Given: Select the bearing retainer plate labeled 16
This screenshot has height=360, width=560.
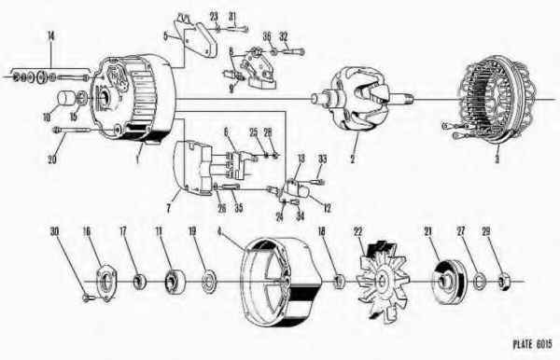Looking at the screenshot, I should pos(107,277).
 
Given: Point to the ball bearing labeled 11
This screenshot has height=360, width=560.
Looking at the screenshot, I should pos(172,278).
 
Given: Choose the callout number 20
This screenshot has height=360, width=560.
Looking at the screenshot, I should pos(52,158).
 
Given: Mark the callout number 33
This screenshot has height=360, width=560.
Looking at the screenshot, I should pos(324,160).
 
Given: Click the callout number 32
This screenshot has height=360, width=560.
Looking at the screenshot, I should pos(284,36).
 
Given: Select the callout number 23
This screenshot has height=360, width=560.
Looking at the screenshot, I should pos(214,17).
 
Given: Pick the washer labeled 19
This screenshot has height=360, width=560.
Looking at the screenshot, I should pos(205,278).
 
